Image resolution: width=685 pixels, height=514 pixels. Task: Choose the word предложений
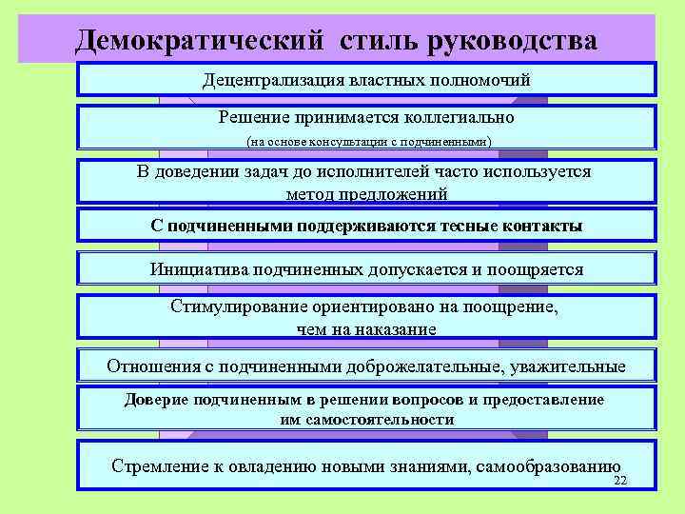392,193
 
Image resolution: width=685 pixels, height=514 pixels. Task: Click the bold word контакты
540,226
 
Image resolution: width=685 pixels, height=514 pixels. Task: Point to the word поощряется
535,269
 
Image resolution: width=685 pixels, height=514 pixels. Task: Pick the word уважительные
572,366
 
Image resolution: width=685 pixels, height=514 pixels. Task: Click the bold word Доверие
156,400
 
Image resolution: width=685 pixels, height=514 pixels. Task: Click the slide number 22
620,482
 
